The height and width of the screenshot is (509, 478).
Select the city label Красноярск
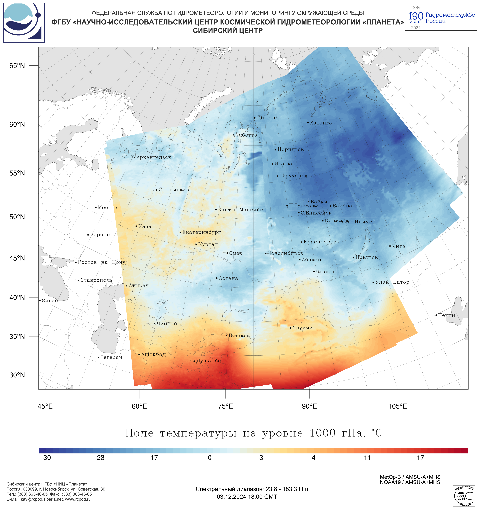coord(320,242)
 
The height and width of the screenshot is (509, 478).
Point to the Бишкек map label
coord(239,335)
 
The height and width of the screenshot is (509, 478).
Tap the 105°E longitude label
coord(398,406)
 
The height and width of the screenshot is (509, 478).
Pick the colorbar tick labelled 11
coord(367,458)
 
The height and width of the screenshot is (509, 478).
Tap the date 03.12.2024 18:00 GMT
coord(247,497)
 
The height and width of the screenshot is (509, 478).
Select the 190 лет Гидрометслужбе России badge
coord(441,17)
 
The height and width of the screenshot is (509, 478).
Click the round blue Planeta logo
coord(24,23)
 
